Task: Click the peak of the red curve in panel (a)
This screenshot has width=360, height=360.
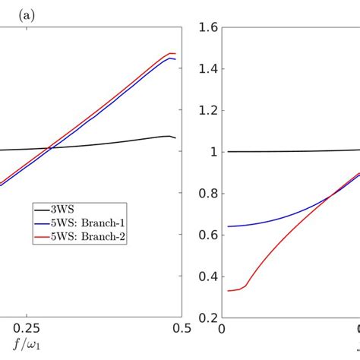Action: click(x=172, y=53)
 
